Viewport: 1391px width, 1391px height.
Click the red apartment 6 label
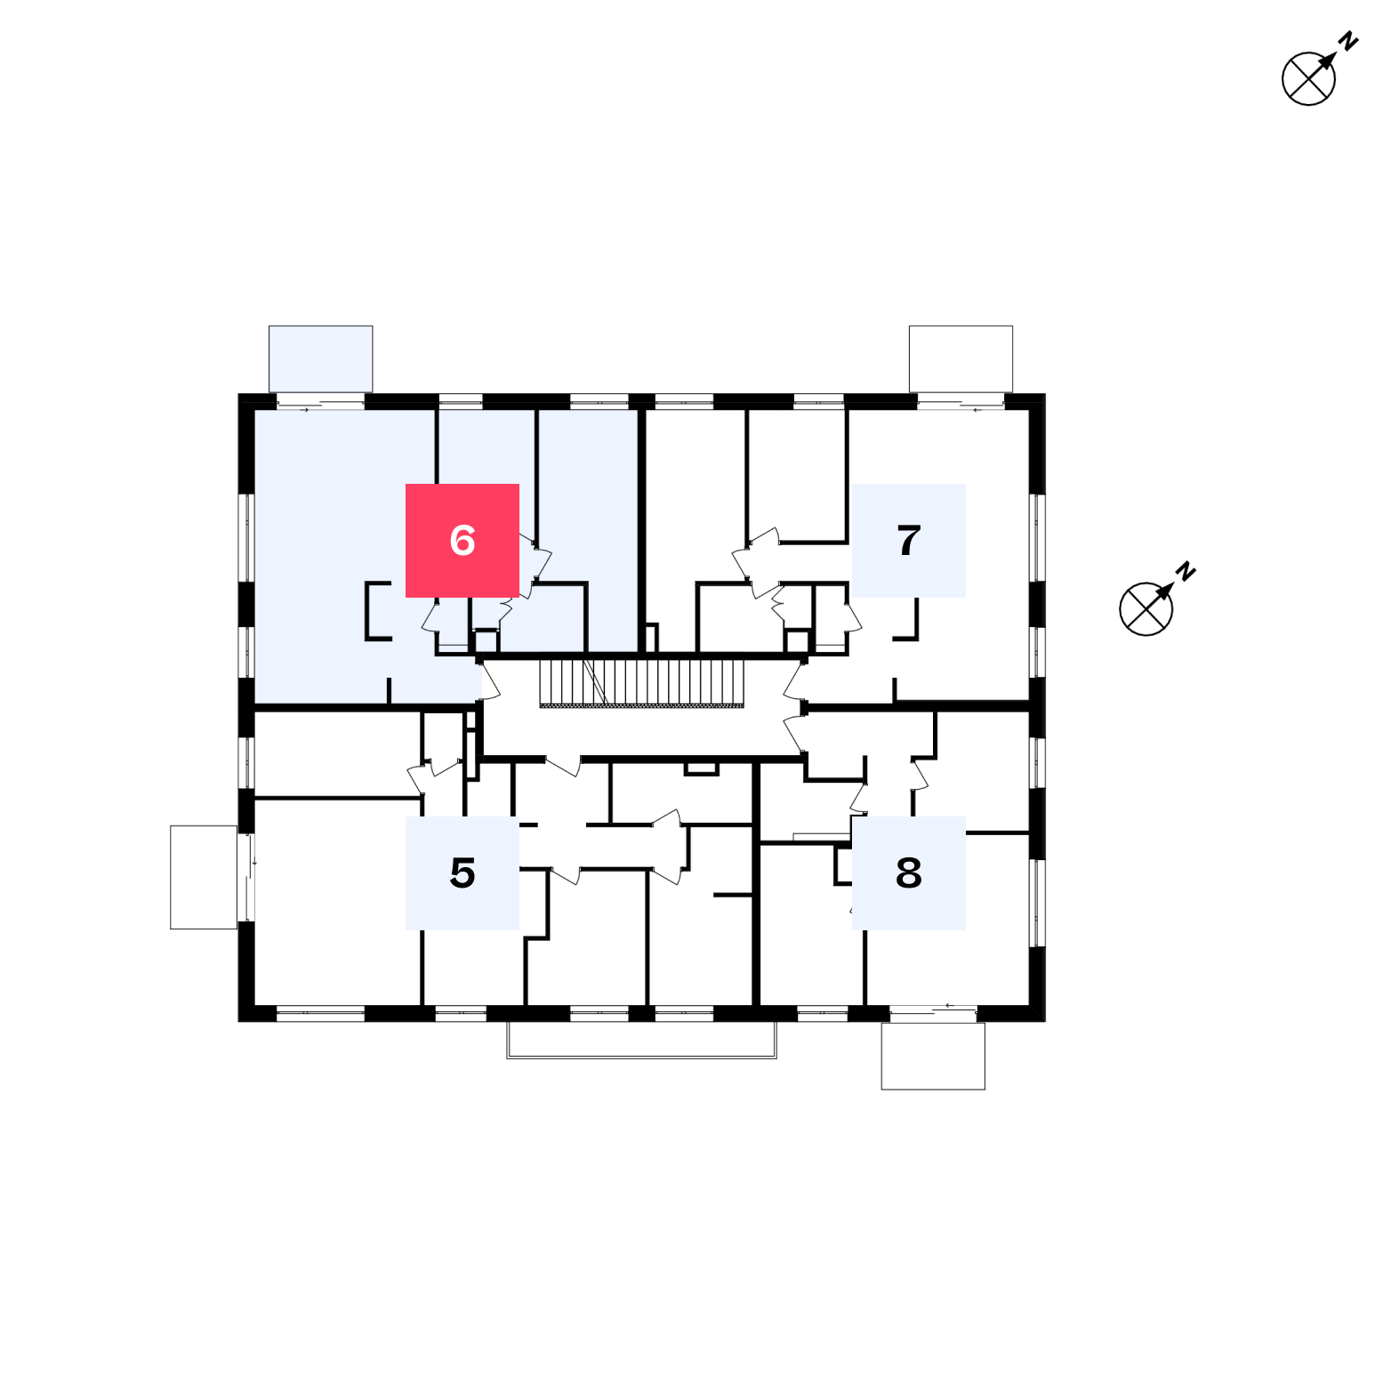click(x=462, y=541)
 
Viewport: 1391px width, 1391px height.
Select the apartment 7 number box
click(x=909, y=541)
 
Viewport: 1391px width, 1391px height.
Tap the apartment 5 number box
click(x=462, y=873)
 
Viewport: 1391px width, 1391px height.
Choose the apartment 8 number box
click(x=909, y=873)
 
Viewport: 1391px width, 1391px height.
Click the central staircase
click(x=641, y=683)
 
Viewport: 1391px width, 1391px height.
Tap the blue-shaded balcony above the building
click(x=320, y=358)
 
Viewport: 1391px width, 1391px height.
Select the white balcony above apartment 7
click(x=961, y=358)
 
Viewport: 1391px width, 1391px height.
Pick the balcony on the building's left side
click(x=204, y=877)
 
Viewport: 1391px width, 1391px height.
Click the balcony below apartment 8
click(x=933, y=1056)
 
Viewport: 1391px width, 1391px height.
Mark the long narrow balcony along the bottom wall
click(x=641, y=1040)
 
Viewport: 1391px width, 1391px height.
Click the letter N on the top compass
click(x=1349, y=41)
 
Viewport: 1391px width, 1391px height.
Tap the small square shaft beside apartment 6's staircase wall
click(x=486, y=641)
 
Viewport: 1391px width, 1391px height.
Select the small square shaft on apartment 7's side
click(x=798, y=641)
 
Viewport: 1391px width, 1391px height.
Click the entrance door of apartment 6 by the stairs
click(x=488, y=681)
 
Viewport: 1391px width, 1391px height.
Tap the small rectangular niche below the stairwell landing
click(x=701, y=768)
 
